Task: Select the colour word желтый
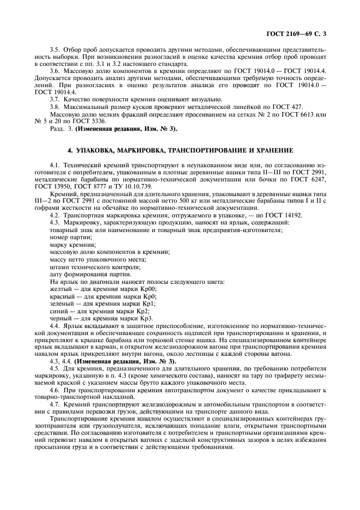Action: [x=59, y=289]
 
